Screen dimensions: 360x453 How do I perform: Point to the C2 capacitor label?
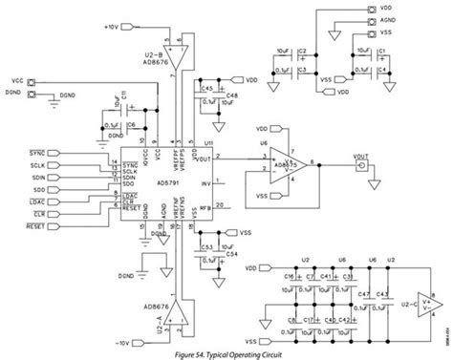pyautogui.click(x=301, y=55)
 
